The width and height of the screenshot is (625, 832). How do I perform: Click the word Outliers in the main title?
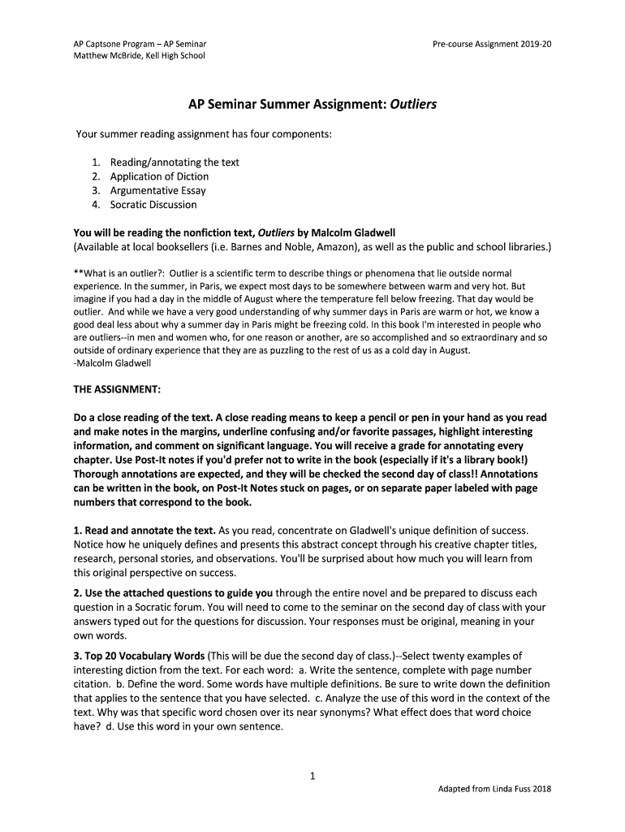pyautogui.click(x=413, y=106)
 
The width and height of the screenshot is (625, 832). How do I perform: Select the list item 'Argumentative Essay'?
pyautogui.click(x=157, y=190)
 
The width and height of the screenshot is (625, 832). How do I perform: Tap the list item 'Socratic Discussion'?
pyautogui.click(x=153, y=205)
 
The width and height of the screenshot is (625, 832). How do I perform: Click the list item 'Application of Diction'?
pyautogui.click(x=159, y=176)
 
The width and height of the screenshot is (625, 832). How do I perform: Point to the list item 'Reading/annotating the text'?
pyautogui.click(x=175, y=162)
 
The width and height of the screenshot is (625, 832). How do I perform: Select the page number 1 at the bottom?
pyautogui.click(x=312, y=776)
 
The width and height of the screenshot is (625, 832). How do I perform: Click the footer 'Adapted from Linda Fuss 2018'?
pyautogui.click(x=494, y=789)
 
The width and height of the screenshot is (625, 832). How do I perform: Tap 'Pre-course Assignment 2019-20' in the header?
pyautogui.click(x=493, y=42)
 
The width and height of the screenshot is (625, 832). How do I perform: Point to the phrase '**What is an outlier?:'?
pyautogui.click(x=119, y=274)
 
